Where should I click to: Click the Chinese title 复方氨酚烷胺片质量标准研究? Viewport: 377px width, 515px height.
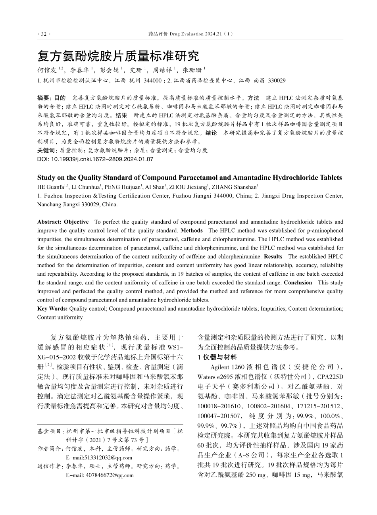[118, 56]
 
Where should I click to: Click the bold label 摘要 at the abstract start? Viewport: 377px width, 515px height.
[44, 98]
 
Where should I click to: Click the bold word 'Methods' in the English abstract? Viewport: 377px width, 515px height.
[191, 231]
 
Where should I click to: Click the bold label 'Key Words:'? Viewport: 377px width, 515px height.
[52, 308]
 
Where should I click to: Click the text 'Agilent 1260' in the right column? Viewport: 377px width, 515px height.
[227, 366]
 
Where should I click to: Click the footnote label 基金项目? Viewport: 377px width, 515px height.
[50, 431]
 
